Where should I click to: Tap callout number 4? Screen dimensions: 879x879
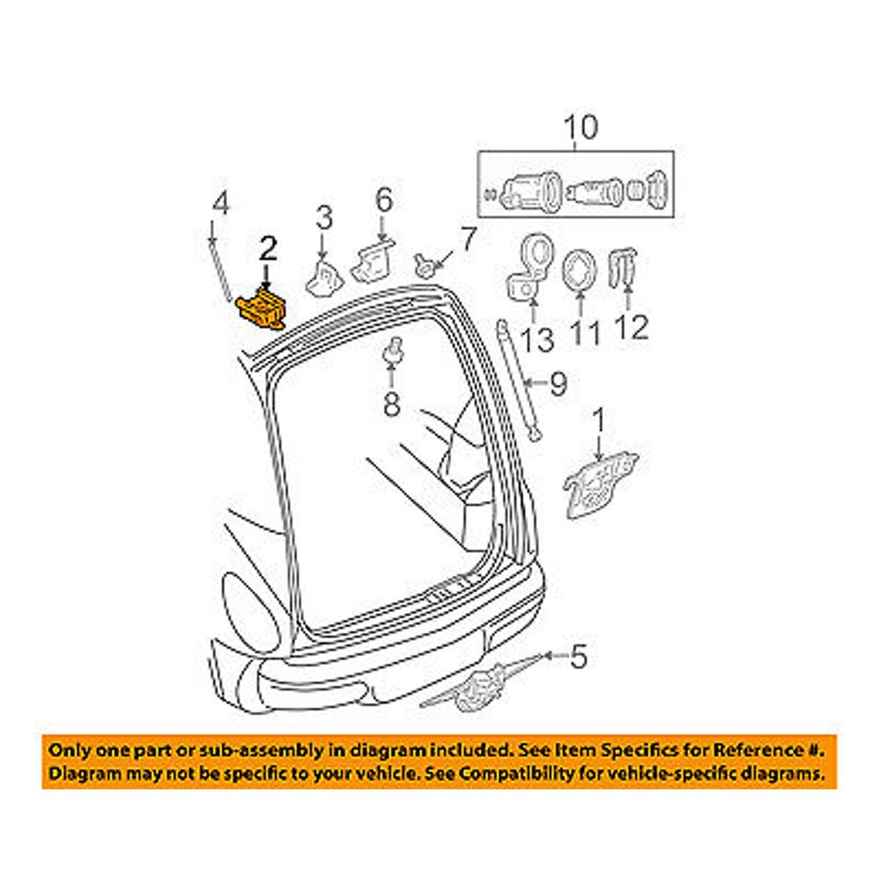pos(220,204)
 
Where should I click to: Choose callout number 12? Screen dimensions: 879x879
pos(633,327)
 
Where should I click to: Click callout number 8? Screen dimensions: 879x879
pos(391,404)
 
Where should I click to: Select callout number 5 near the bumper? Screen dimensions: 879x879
pos(577,656)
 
